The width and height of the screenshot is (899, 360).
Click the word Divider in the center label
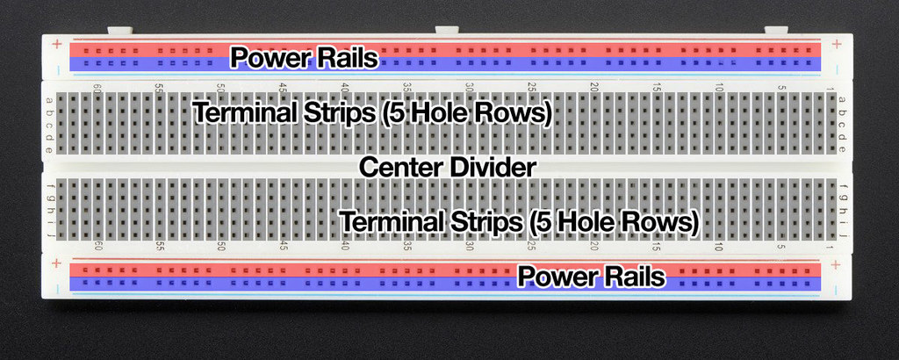click(489, 167)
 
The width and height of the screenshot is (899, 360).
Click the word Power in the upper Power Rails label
click(271, 58)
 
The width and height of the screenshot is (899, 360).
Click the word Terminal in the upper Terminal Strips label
click(251, 114)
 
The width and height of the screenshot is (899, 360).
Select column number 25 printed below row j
click(532, 247)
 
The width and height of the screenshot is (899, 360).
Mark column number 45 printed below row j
click(284, 247)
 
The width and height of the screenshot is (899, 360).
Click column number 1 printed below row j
click(830, 247)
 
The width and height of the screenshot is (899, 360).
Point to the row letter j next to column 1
click(842, 235)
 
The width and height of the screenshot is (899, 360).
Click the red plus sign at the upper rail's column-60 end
click(56, 43)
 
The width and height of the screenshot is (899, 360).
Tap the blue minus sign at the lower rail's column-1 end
click(837, 287)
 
